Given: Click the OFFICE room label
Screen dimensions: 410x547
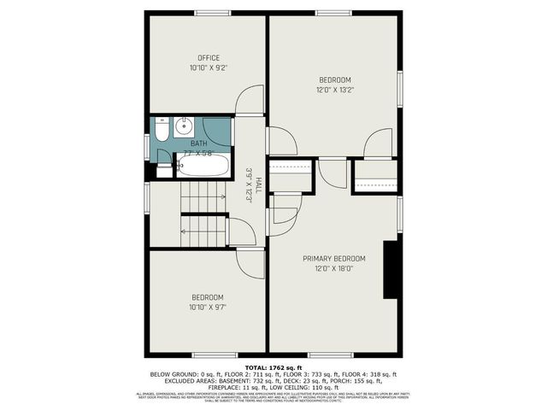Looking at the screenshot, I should (x=209, y=58).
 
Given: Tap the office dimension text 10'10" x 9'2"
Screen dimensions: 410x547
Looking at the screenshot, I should (x=209, y=67).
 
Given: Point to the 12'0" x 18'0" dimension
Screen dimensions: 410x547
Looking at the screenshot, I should (x=334, y=268).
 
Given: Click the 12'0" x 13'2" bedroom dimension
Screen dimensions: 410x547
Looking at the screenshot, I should (x=334, y=89).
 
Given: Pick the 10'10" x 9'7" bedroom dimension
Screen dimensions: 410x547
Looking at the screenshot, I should (x=209, y=307).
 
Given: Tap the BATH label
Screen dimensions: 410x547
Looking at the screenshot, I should (x=199, y=143).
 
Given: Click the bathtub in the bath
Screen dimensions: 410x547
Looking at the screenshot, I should (x=205, y=166).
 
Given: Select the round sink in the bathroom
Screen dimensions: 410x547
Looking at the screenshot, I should (x=183, y=129).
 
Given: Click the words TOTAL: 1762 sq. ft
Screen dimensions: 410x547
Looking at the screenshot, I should (x=273, y=366).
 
